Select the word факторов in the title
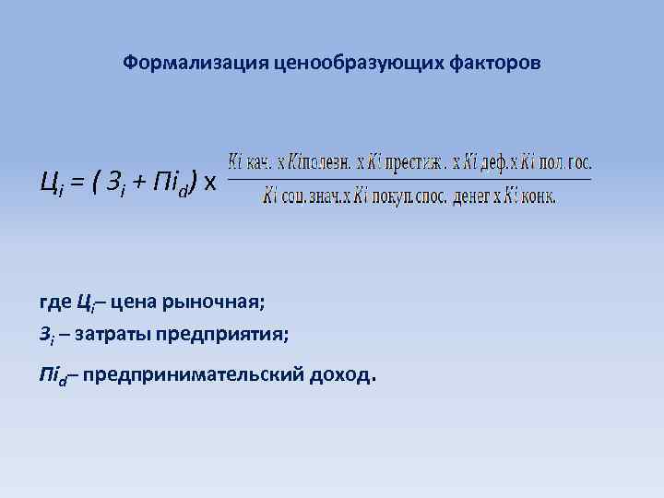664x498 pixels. click(x=496, y=64)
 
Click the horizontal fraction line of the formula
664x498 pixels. click(x=409, y=178)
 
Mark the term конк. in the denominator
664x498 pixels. click(x=540, y=196)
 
